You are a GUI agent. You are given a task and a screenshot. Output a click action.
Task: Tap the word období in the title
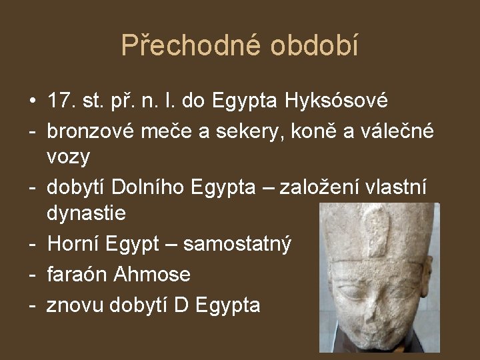click(315, 45)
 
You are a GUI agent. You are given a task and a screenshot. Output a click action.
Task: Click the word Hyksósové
click(336, 102)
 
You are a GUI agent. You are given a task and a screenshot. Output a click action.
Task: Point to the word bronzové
click(91, 131)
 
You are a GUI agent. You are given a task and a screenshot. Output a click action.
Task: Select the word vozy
click(69, 158)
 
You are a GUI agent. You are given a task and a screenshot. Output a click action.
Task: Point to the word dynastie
click(86, 214)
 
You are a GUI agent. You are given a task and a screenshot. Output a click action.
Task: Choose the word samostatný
click(237, 245)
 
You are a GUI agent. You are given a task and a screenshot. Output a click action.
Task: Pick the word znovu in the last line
click(74, 305)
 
